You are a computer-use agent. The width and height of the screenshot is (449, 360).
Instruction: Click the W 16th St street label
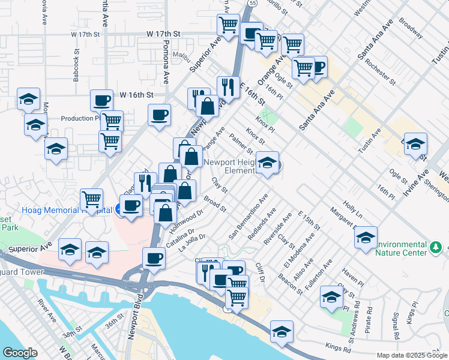pyautogui.click(x=137, y=95)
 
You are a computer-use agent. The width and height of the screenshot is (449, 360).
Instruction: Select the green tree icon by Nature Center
pyautogui.click(x=436, y=247)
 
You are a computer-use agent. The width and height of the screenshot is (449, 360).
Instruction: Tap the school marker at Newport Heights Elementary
pyautogui.click(x=268, y=163)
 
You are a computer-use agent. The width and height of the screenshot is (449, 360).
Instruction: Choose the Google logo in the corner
pyautogui.click(x=19, y=353)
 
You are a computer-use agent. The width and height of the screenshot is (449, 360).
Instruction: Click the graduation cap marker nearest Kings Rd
pyautogui.click(x=280, y=332)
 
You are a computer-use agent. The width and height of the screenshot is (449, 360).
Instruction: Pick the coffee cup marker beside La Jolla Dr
pyautogui.click(x=154, y=259)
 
